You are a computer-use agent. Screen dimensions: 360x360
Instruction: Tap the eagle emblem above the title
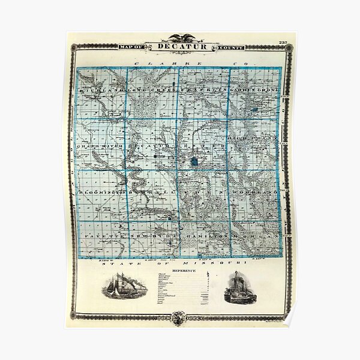pos(179,37)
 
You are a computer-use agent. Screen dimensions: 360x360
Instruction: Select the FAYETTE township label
pos(97,238)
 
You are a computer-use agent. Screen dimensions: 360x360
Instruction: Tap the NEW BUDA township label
pos(147,238)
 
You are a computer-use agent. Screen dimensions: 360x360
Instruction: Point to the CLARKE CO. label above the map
pos(180,62)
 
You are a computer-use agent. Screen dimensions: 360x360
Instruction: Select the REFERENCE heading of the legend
pos(181,271)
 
